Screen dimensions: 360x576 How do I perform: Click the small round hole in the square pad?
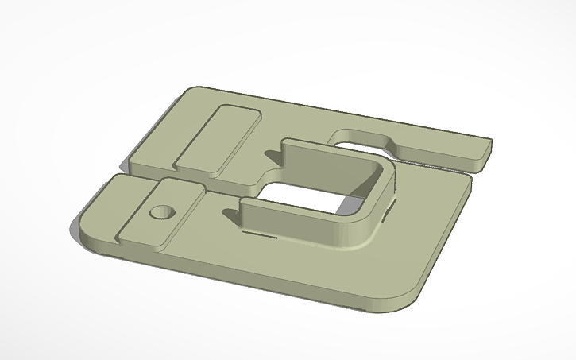coord(162,212)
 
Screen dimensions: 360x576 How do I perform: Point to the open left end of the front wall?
coord(242,214)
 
